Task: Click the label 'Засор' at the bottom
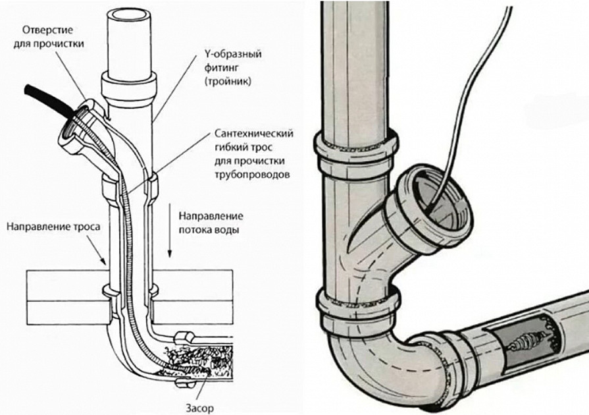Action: click(x=199, y=408)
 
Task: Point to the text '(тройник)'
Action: click(x=228, y=81)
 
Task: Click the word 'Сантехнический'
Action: click(x=254, y=134)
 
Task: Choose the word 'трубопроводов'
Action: click(x=253, y=175)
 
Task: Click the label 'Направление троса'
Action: click(x=53, y=227)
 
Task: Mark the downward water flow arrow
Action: click(x=170, y=231)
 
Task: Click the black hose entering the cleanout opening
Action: click(x=49, y=99)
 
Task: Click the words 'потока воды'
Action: click(x=209, y=230)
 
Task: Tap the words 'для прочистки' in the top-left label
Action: click(x=49, y=43)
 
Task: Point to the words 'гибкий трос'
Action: click(x=243, y=147)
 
